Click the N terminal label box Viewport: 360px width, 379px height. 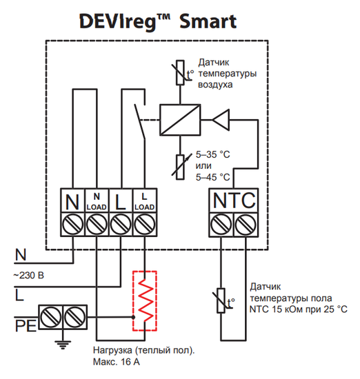click(x=72, y=201)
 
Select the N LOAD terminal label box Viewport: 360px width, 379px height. click(x=96, y=201)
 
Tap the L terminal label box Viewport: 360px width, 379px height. click(x=120, y=201)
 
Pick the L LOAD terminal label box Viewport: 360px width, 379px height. click(x=143, y=201)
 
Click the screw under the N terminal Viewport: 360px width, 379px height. click(x=72, y=224)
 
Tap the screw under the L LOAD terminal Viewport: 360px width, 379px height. click(x=143, y=224)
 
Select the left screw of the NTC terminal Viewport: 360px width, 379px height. click(x=221, y=224)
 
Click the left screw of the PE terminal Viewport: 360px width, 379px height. click(x=50, y=317)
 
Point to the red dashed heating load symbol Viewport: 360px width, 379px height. click(x=145, y=302)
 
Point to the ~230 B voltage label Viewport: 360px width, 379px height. click(x=29, y=276)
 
